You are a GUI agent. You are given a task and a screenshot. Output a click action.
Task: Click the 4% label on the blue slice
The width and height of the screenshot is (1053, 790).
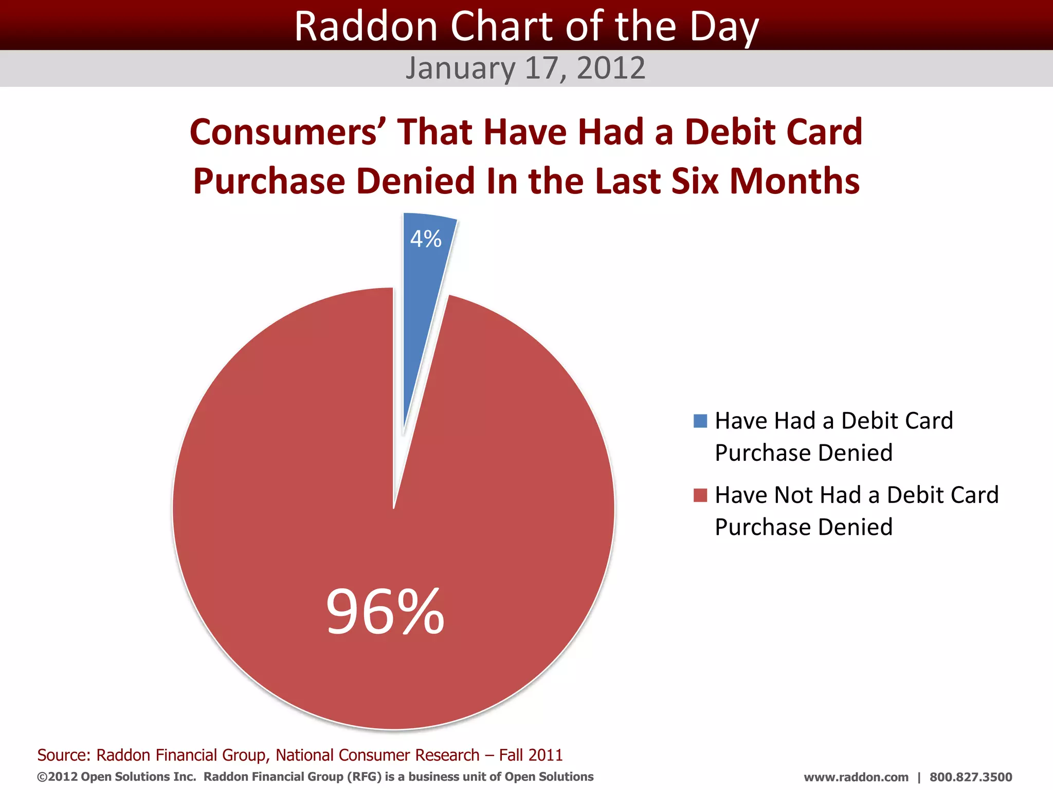(x=426, y=239)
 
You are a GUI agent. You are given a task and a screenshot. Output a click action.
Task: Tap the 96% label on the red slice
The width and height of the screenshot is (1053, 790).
(x=385, y=612)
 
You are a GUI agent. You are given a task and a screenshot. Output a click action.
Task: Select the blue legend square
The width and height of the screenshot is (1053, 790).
(x=700, y=421)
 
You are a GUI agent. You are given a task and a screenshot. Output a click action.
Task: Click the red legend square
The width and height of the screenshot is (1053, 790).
(x=700, y=495)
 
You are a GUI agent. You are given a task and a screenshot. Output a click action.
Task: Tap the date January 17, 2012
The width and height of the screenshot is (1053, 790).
(x=525, y=68)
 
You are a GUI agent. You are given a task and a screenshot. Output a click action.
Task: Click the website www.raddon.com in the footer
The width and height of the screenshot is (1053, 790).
(x=856, y=777)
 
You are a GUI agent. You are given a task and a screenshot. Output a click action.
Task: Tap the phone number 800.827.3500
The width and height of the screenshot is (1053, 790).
(x=970, y=777)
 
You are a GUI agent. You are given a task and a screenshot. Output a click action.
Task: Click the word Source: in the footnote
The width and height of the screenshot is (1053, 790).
(x=64, y=755)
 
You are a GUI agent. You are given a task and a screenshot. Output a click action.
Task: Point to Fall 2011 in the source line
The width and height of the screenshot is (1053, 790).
(x=531, y=755)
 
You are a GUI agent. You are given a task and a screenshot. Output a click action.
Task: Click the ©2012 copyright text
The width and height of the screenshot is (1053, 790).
(x=57, y=777)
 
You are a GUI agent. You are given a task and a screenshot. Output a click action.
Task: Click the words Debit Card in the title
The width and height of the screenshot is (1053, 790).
(x=773, y=132)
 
